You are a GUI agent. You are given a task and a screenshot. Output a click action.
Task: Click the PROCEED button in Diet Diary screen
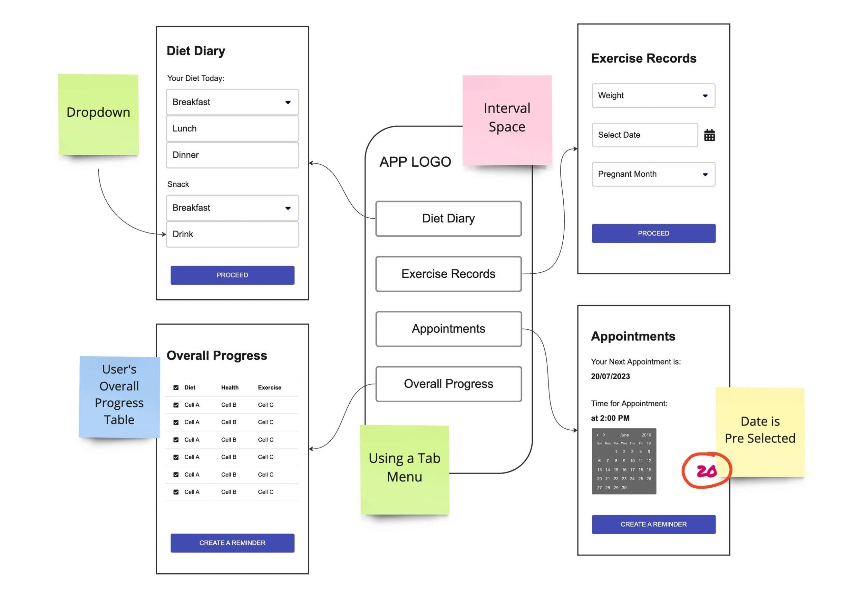tap(232, 275)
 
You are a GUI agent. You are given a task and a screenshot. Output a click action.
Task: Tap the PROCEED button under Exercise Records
tap(653, 234)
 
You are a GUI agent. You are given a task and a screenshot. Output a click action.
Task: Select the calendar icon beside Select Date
tap(709, 135)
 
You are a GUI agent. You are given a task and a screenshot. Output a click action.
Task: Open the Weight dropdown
tap(653, 96)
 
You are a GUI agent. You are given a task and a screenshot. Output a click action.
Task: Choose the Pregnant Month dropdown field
tap(653, 174)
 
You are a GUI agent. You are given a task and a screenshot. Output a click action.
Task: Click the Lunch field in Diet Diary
tap(232, 129)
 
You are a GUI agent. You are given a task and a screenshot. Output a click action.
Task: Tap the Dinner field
tap(232, 155)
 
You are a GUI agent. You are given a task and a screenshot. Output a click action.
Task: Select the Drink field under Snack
tap(232, 235)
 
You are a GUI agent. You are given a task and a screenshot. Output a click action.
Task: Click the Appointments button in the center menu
tap(449, 329)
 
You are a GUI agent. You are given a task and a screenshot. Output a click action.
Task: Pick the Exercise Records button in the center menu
tap(449, 274)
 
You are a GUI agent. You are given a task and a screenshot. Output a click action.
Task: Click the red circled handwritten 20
tap(706, 471)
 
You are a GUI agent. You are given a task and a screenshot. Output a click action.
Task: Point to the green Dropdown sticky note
tap(99, 115)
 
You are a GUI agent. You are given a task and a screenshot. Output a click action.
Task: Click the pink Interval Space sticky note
tap(507, 120)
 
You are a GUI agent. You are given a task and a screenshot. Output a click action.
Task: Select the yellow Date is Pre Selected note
tap(760, 432)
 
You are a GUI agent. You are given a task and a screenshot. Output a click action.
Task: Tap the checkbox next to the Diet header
tap(176, 388)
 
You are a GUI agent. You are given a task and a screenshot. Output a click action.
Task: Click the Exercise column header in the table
tap(270, 388)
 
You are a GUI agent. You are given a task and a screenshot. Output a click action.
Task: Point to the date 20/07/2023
tap(610, 376)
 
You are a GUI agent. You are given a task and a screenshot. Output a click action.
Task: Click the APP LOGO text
tap(415, 162)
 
